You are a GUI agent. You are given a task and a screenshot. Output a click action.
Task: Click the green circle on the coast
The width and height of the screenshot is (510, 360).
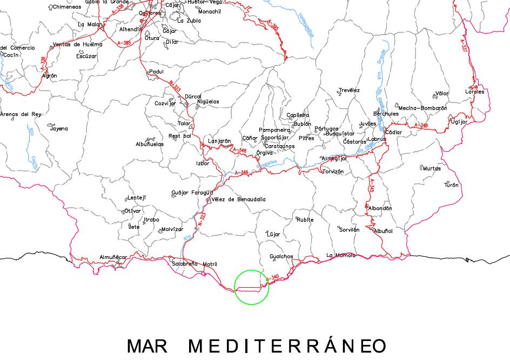(x=252, y=287)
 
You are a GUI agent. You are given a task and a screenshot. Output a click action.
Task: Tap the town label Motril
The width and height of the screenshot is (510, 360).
(x=210, y=264)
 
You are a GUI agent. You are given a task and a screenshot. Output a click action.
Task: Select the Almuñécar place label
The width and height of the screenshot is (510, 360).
(x=113, y=257)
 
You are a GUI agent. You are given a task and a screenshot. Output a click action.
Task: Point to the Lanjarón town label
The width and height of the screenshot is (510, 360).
(x=219, y=141)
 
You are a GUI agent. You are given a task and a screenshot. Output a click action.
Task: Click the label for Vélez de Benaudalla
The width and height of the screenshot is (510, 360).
(x=238, y=199)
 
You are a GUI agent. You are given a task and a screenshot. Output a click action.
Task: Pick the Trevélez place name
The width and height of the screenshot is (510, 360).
(x=349, y=90)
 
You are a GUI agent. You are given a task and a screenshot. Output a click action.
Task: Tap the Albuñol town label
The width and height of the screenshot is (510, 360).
(x=383, y=230)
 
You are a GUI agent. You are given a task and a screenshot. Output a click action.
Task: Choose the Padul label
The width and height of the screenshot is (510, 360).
(x=156, y=72)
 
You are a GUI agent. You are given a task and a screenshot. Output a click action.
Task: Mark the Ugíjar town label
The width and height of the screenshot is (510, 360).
(x=459, y=121)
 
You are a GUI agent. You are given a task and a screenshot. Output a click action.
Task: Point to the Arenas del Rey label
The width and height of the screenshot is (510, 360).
(x=21, y=114)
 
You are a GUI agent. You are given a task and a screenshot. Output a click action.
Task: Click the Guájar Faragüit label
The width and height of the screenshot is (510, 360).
(x=192, y=192)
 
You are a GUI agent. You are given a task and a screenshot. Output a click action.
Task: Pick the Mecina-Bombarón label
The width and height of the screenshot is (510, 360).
(x=422, y=108)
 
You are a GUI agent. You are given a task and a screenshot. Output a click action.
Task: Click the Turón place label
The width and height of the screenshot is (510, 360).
(x=451, y=185)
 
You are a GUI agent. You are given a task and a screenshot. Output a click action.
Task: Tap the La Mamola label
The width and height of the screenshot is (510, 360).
(x=341, y=255)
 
